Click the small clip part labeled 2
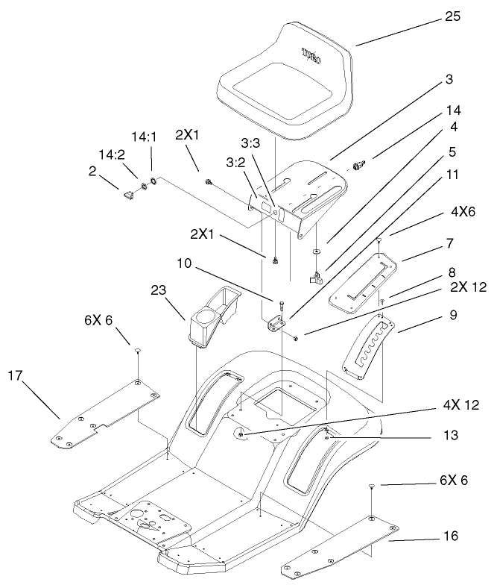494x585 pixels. [127, 195]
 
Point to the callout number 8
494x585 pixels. [451, 274]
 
